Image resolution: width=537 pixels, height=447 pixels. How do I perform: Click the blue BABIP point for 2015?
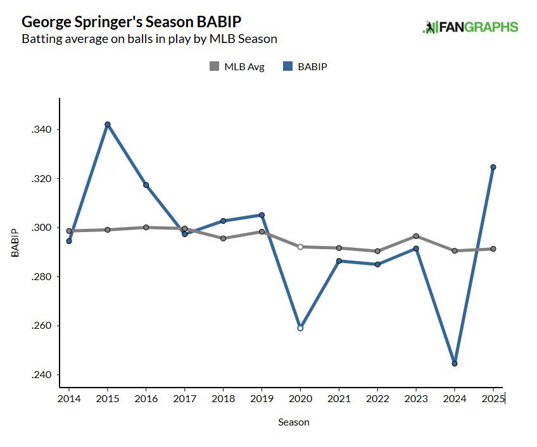[108, 125]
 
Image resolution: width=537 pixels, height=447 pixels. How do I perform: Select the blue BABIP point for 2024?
[455, 364]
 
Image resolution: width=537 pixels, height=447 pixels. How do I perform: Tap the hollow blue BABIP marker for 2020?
[300, 328]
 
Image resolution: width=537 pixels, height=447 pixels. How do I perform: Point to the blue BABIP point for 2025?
[493, 168]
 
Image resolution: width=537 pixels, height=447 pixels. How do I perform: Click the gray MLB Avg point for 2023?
[416, 236]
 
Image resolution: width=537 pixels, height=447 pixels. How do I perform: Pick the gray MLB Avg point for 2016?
[146, 228]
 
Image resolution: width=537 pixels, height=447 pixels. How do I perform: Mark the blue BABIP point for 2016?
[146, 185]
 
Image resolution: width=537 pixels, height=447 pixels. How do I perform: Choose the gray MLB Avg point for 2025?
[493, 249]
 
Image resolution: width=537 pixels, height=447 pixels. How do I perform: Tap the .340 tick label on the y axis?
[42, 130]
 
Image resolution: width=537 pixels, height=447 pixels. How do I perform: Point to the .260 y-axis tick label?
[42, 326]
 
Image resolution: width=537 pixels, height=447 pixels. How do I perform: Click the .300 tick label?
[42, 228]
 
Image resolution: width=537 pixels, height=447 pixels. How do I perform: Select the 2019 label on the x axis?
[262, 399]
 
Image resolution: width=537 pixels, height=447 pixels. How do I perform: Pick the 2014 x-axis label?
[69, 399]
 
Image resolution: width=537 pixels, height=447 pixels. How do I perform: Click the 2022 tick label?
[377, 399]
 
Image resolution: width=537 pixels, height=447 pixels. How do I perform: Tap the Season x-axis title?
[294, 422]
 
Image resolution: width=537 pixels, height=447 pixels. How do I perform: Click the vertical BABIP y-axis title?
[15, 242]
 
